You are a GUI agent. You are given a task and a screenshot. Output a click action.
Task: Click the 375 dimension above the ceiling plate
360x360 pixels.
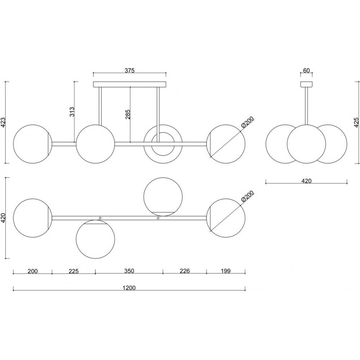pos(129,70)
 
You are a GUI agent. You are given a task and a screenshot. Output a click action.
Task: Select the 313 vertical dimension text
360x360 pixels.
pos(72,112)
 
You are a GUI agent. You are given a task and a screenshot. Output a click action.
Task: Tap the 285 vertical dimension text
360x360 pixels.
pos(128,114)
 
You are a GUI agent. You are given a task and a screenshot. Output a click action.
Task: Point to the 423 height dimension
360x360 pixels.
pos(3,122)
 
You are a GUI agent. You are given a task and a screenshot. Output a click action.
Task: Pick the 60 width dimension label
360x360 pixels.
pos(307,70)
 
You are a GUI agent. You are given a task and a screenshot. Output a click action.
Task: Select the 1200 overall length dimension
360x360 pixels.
pos(129,287)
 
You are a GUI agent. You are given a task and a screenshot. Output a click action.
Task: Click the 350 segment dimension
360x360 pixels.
pos(129,271)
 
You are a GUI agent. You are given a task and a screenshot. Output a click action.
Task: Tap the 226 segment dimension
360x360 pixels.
pos(184,271)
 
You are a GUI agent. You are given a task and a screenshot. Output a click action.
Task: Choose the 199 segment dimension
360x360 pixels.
pos(226,271)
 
